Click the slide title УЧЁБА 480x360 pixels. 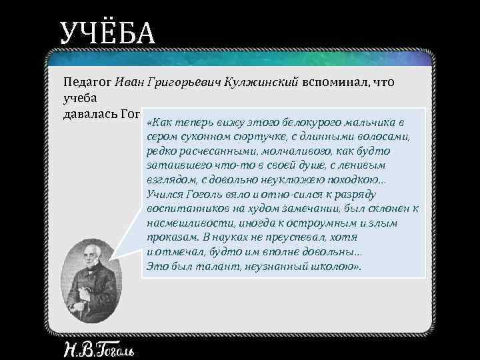pyautogui.click(x=107, y=34)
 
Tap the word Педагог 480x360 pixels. pyautogui.click(x=87, y=83)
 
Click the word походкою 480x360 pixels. pyautogui.click(x=357, y=180)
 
